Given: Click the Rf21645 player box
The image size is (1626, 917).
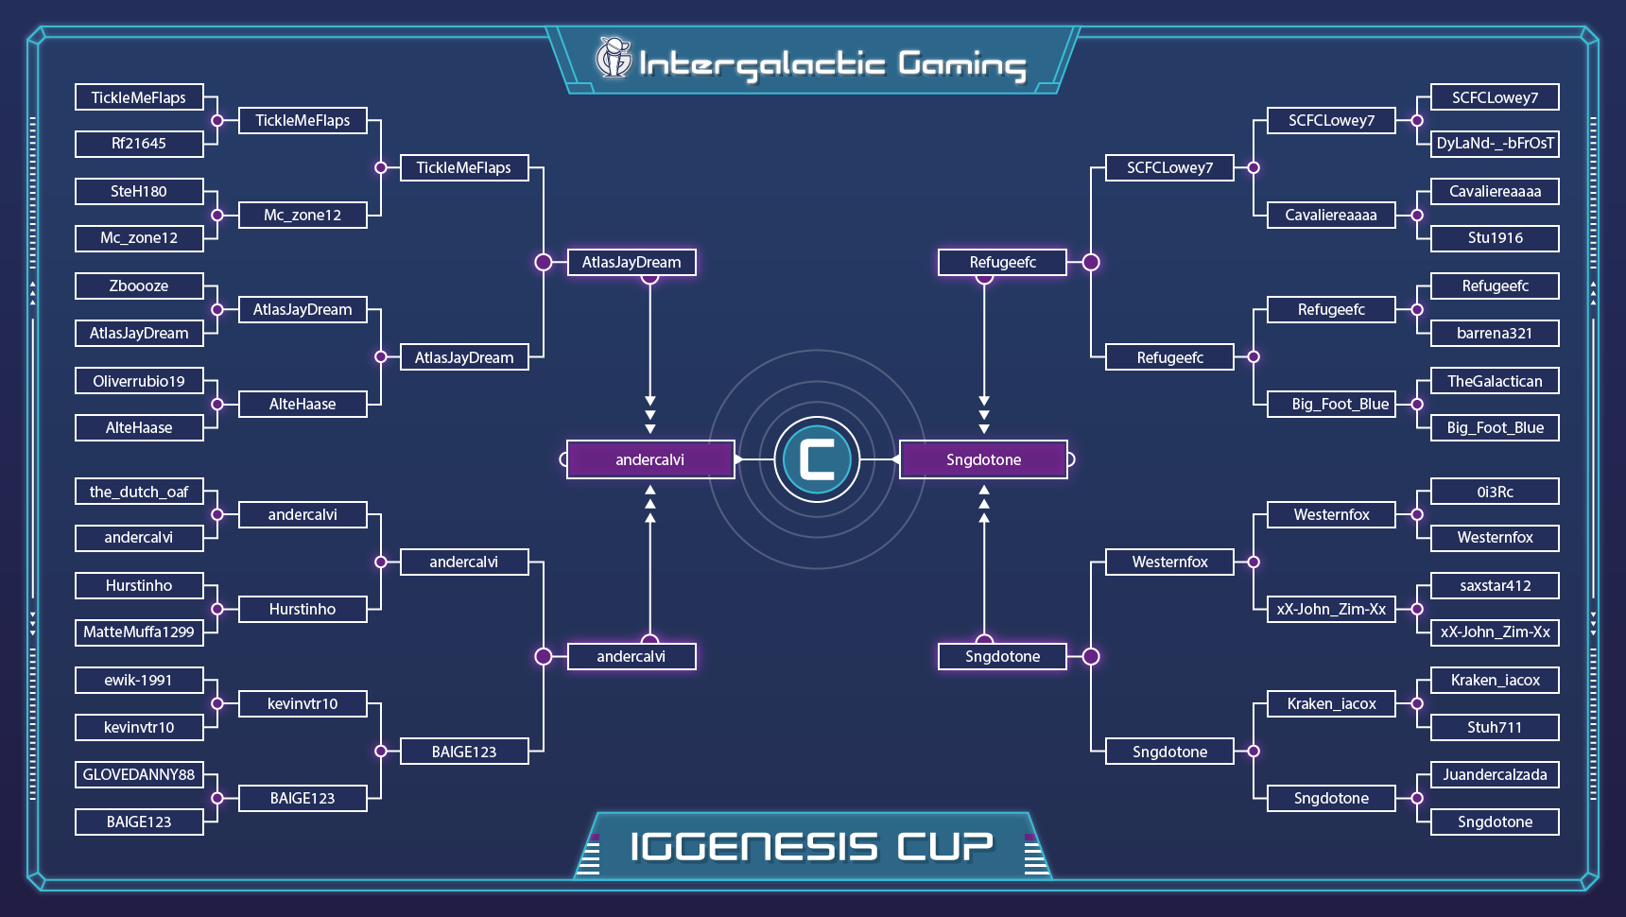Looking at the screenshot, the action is [x=139, y=144].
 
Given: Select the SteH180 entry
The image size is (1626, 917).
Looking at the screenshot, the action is [x=139, y=191].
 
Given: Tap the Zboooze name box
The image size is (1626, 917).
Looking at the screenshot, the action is [x=139, y=285].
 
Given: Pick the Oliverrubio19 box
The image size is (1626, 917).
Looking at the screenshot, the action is [x=139, y=381].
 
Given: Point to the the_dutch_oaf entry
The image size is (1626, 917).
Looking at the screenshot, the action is [x=139, y=492].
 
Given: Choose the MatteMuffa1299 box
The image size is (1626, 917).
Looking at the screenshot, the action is [x=139, y=632].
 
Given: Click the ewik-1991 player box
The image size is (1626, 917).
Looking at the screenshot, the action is [x=139, y=680].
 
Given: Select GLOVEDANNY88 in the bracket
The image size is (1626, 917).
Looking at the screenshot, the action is [x=139, y=774].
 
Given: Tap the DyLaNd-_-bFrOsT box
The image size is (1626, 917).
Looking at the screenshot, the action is [x=1495, y=144].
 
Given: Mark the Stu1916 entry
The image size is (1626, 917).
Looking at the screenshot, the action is [x=1495, y=238].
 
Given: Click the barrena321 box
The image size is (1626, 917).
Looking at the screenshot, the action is [x=1495, y=333].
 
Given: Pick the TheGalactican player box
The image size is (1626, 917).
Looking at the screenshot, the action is [x=1495, y=381].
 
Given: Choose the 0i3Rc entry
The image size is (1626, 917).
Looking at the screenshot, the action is [x=1495, y=492].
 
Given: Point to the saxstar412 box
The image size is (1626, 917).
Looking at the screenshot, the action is [x=1495, y=585].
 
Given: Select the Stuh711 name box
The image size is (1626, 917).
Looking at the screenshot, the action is [x=1495, y=727].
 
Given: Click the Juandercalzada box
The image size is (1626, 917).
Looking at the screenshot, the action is [x=1495, y=774].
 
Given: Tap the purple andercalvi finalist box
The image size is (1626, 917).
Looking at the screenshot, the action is [x=650, y=459].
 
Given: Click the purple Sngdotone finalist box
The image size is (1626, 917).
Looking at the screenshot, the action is [x=983, y=459].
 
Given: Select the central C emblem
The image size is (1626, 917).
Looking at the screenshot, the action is [x=817, y=459].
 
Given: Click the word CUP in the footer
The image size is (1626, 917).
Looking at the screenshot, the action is [x=944, y=846].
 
